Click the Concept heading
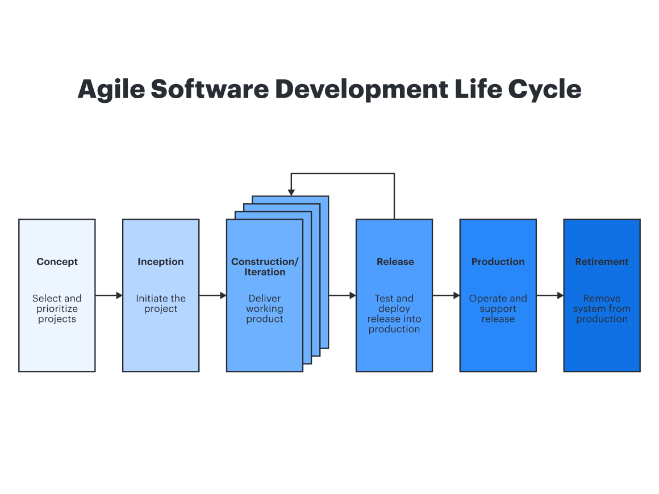pyautogui.click(x=57, y=262)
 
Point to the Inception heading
pyautogui.click(x=161, y=262)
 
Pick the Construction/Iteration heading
pyautogui.click(x=265, y=267)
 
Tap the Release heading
pyautogui.click(x=395, y=262)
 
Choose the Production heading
pyautogui.click(x=498, y=262)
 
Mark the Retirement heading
pyautogui.click(x=602, y=262)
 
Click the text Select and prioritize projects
pyautogui.click(x=57, y=309)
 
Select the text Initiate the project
pyautogui.click(x=161, y=304)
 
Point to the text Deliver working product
pyautogui.click(x=265, y=309)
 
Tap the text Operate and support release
pyautogui.click(x=498, y=309)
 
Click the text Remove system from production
pyautogui.click(x=602, y=309)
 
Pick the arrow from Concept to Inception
pyautogui.click(x=109, y=295)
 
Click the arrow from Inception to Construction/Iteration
pyautogui.click(x=213, y=295)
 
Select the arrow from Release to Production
pyautogui.click(x=446, y=295)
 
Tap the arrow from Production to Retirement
pyautogui.click(x=550, y=295)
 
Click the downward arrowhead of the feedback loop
pyautogui.click(x=291, y=192)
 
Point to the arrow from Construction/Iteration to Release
pyautogui.click(x=343, y=295)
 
